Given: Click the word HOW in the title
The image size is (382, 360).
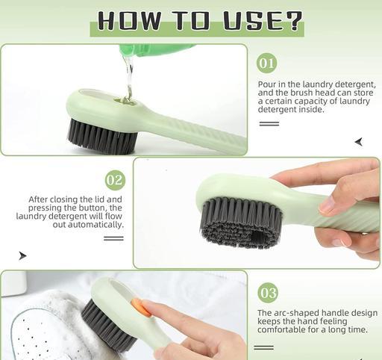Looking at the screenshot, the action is coord(129,20).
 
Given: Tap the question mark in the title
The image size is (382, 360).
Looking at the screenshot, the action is coord(293,20).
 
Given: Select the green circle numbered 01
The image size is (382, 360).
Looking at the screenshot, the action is coord(266,63).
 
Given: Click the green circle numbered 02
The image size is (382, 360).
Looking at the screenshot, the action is coord(115,180).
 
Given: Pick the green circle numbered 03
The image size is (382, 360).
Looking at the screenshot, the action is coord(268,293).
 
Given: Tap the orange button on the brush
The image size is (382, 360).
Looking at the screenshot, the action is coord(142,308).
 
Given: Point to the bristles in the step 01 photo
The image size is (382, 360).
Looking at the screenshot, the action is coord(102,137).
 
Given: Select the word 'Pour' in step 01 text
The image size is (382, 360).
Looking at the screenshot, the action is coord(266,84).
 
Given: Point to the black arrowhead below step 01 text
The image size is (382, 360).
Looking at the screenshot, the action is coord(359,142).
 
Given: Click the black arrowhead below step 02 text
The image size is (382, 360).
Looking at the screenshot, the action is coord(22,255).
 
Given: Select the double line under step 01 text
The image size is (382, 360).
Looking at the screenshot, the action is coord(269,123).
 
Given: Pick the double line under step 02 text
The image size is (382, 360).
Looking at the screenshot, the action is coord(113,238).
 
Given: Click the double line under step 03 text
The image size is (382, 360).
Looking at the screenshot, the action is coord(264,347).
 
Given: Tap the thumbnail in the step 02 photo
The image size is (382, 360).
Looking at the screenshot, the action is coord(326,205).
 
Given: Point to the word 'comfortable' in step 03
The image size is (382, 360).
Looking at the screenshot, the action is coord(278,330).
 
